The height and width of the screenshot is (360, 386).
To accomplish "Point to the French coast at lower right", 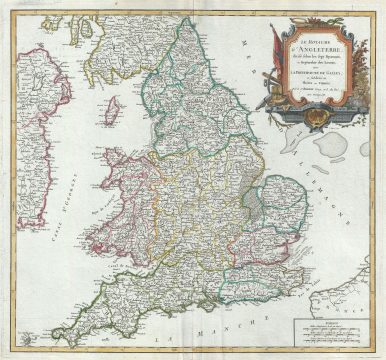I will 345,295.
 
